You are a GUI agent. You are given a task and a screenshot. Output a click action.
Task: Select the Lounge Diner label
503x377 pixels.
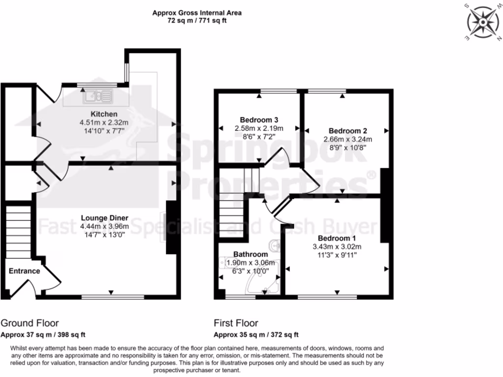coord(105,218)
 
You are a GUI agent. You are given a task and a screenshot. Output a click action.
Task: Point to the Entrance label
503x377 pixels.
coord(24,271)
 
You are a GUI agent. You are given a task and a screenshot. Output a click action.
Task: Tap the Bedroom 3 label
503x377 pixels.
coord(259,120)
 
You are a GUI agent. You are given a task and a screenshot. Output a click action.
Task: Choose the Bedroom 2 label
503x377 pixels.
coord(348,131)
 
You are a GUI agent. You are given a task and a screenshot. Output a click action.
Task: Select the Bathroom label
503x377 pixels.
coord(251,254)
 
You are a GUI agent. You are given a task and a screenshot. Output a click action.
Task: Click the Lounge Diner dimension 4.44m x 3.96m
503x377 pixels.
coord(105,226)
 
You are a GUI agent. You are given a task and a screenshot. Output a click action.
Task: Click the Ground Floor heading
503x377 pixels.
coord(29,323)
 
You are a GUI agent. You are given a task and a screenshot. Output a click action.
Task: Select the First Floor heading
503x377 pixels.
coord(236,323)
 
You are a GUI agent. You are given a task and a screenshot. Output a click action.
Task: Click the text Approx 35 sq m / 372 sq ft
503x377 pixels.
coord(256,335)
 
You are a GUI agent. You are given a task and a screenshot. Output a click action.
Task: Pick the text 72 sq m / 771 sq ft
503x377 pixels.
coord(197,21)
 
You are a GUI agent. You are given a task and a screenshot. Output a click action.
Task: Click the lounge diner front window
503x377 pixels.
coord(113,297)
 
